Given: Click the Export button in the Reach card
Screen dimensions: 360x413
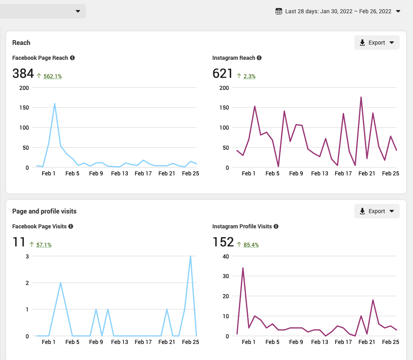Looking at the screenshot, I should click(x=376, y=43).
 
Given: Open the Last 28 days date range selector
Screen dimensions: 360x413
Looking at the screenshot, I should click(x=338, y=11).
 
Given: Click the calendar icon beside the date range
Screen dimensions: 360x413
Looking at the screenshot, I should click(x=279, y=11).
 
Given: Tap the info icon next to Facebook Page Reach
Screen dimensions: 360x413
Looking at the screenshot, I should click(x=72, y=58).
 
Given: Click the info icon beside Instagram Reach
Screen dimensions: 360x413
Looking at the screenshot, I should click(x=259, y=58).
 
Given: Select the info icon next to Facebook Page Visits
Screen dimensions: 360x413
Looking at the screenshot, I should click(x=71, y=226).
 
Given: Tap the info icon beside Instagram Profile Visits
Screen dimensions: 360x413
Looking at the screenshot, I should click(x=276, y=226).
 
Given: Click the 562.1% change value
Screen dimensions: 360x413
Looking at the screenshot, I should click(x=53, y=76).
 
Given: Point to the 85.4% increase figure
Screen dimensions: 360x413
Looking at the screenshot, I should click(x=251, y=245).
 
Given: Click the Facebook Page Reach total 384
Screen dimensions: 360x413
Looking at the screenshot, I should click(x=23, y=73).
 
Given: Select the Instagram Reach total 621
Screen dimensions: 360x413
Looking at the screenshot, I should click(x=223, y=73).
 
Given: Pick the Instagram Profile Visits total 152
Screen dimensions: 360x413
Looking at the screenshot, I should click(x=223, y=242).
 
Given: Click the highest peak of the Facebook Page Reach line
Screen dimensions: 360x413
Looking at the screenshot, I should click(x=55, y=104).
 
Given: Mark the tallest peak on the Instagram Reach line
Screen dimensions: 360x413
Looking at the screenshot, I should click(x=361, y=97).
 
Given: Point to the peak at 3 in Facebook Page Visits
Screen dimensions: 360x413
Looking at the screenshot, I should click(x=190, y=256).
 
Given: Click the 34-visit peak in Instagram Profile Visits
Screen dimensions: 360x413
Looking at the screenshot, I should click(x=243, y=268).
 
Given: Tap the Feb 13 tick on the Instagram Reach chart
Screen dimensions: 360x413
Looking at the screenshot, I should click(x=320, y=173).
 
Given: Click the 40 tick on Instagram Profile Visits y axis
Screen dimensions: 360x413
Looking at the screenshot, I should click(x=225, y=256).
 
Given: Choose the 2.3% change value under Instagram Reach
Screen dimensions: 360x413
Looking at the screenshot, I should click(x=249, y=76).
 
